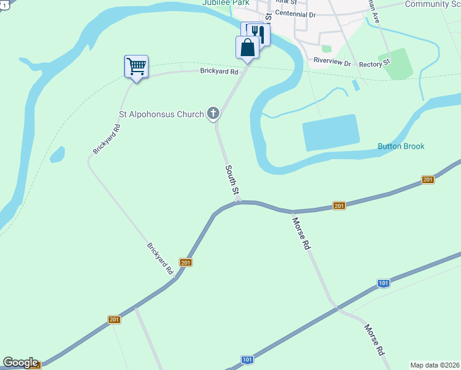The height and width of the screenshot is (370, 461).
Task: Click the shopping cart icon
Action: click(x=136, y=66)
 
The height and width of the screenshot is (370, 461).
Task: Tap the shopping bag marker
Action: click(x=247, y=47)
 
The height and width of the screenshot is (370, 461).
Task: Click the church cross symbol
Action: click(x=213, y=113)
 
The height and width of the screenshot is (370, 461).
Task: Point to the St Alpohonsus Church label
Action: click(x=160, y=114)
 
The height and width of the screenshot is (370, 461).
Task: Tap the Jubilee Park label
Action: click(x=225, y=3)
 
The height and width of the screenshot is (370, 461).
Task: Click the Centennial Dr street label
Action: click(x=295, y=14)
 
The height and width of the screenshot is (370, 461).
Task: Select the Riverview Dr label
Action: click(x=332, y=62)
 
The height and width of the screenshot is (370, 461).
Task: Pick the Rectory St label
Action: click(x=374, y=63)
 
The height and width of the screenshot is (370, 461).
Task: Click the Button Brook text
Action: click(x=401, y=146)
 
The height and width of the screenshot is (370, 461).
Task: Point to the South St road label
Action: click(x=232, y=180)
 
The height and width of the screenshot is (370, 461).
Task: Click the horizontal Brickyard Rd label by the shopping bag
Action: click(x=218, y=72)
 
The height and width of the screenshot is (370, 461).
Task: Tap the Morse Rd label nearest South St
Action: click(x=301, y=232)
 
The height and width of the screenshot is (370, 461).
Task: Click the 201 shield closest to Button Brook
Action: click(x=428, y=179)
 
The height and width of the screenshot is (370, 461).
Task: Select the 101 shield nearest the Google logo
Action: click(x=247, y=360)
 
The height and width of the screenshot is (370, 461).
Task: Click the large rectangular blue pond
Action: click(x=331, y=133)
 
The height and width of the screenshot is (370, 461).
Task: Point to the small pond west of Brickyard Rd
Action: click(x=57, y=154)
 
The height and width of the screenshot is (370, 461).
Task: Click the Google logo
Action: click(x=20, y=363)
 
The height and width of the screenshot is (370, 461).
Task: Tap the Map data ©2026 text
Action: click(x=434, y=365)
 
